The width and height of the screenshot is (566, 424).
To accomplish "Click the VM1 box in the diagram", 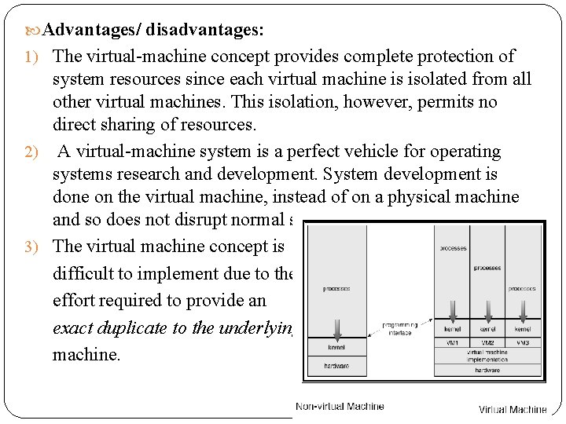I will coord(453,343).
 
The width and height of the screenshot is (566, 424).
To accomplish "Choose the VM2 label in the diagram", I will coord(487,343).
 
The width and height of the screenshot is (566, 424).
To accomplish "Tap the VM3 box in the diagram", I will coord(523,343).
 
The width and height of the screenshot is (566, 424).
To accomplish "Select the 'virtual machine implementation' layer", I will coord(487,356).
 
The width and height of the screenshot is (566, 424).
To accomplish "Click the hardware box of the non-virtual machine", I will coord(336,366).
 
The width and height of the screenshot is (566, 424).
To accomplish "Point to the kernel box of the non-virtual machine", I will coord(336,346).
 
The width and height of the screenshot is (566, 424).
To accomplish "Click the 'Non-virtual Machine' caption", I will coord(340,406).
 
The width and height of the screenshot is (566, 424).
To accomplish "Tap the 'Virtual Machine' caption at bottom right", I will coord(513,409).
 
